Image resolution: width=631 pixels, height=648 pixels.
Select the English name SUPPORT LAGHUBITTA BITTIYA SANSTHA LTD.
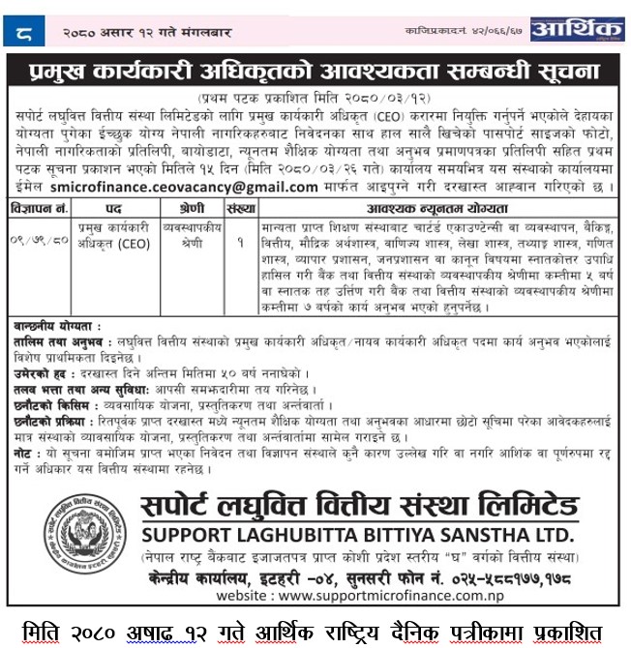click(x=358, y=534)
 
